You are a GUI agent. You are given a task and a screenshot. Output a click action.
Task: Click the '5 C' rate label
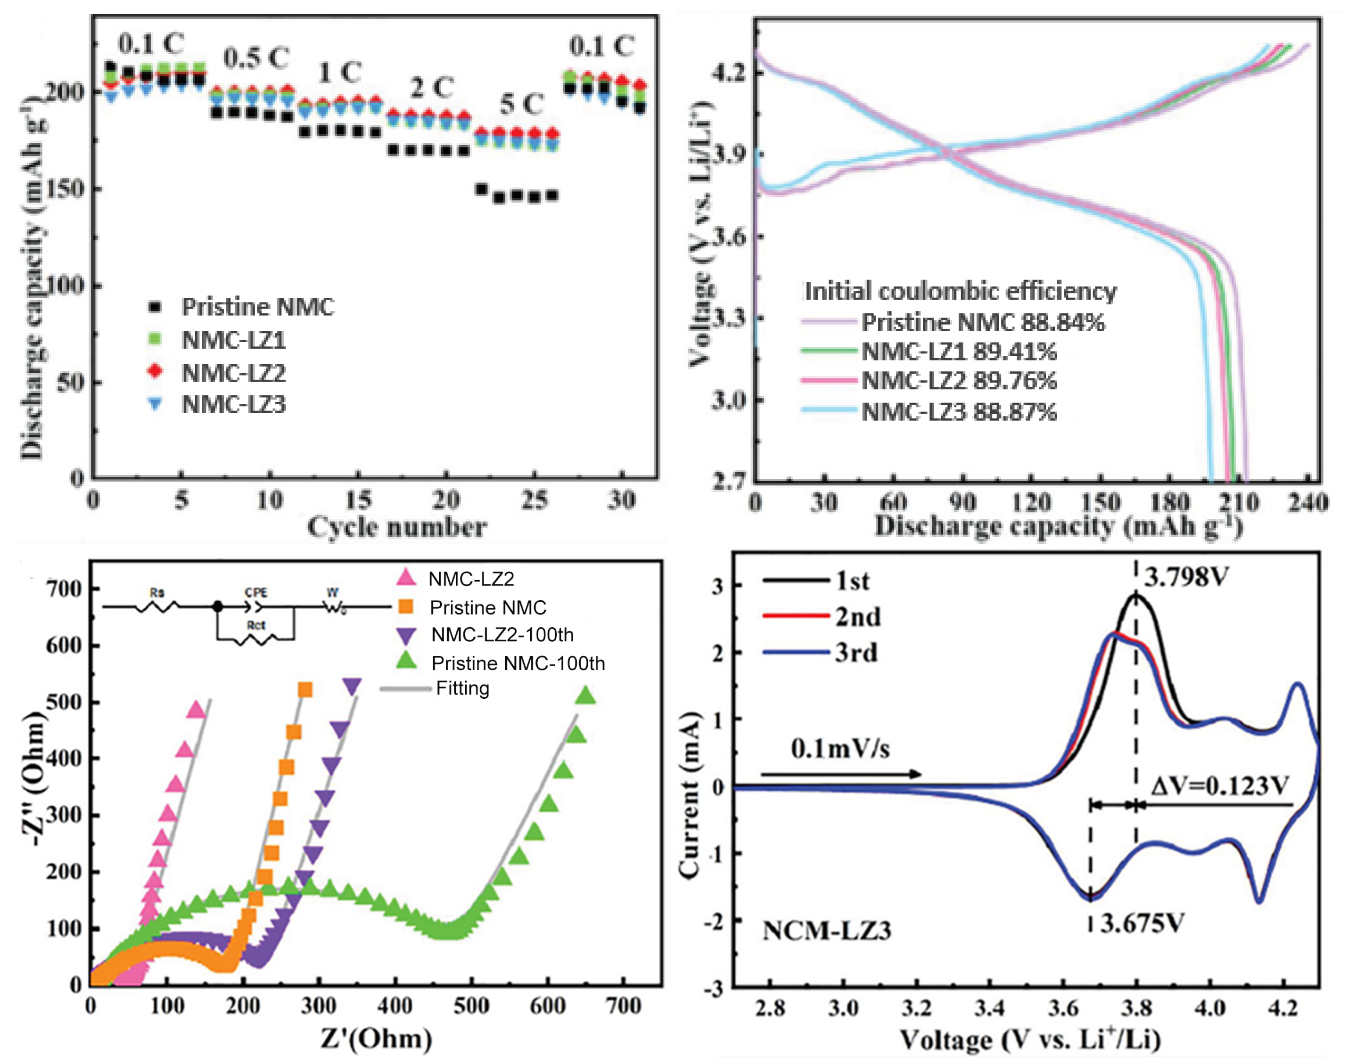point(521,104)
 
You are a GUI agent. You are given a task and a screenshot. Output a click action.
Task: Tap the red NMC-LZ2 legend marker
point(155,372)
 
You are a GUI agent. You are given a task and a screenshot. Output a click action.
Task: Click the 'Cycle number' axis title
point(396,527)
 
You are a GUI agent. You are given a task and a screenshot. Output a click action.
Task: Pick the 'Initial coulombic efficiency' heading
point(960,291)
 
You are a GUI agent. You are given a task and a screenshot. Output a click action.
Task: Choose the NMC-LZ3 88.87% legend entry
point(959,411)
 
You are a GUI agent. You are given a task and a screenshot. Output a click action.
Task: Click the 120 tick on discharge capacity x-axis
point(1031,502)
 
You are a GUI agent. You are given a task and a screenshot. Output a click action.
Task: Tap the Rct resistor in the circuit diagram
point(256,638)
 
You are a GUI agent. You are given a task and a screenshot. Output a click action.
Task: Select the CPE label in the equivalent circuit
point(255,592)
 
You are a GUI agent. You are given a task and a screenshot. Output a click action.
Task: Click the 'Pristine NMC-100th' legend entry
point(518,663)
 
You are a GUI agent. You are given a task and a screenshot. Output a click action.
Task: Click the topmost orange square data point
point(305,689)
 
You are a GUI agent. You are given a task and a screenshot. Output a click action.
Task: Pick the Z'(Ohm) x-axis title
point(376,1038)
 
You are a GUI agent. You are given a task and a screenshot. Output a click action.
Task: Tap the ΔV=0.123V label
point(1218,786)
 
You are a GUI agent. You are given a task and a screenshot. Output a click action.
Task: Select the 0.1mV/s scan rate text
point(840,749)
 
